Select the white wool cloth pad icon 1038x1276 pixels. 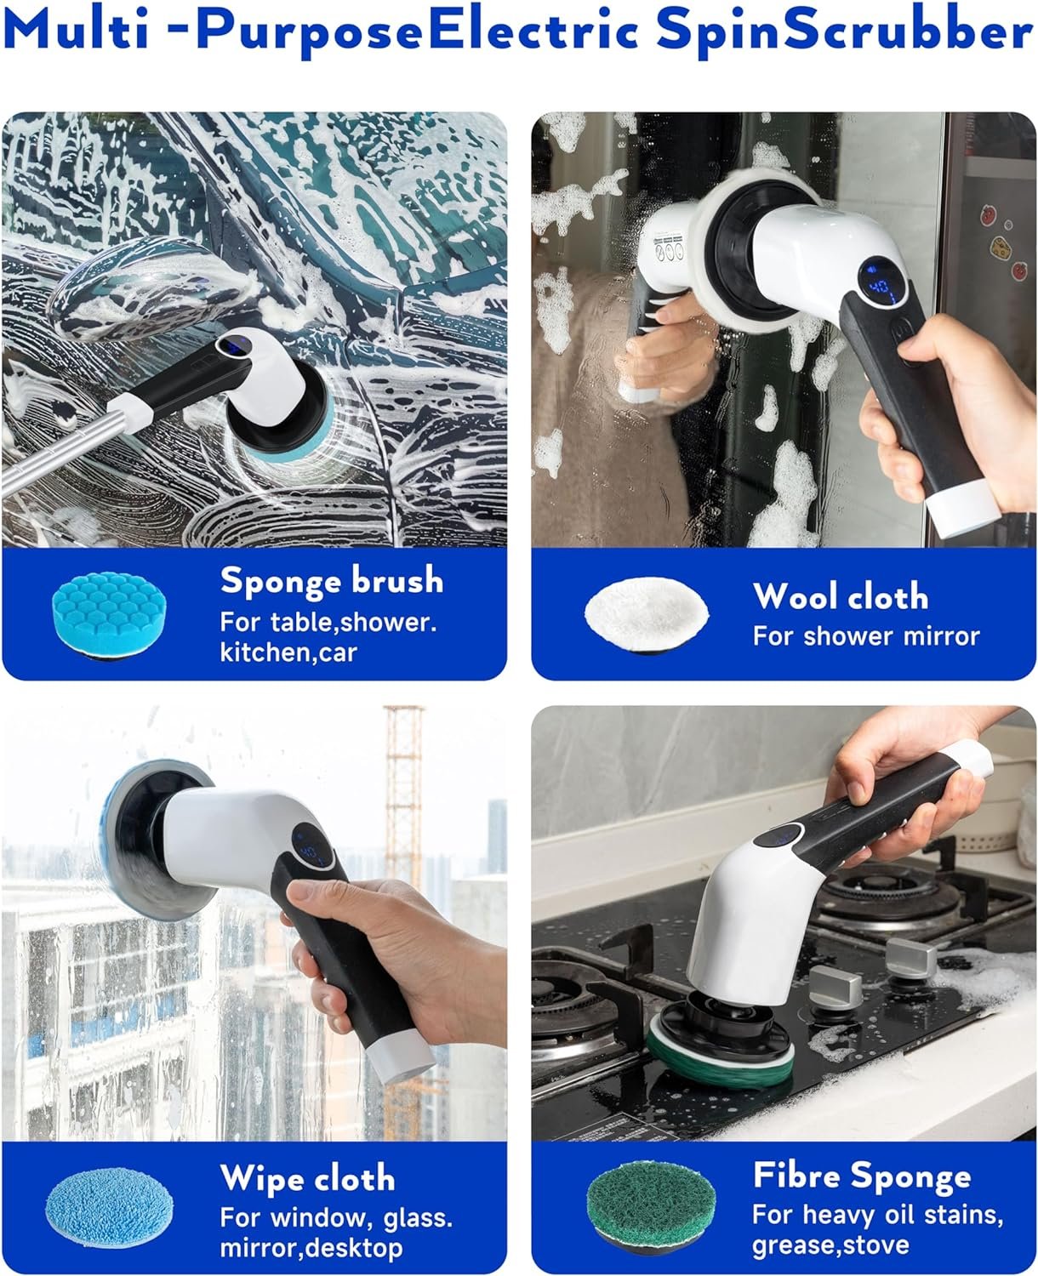click(x=647, y=615)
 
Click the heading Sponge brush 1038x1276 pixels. click(x=332, y=580)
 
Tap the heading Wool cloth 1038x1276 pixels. click(x=841, y=596)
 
